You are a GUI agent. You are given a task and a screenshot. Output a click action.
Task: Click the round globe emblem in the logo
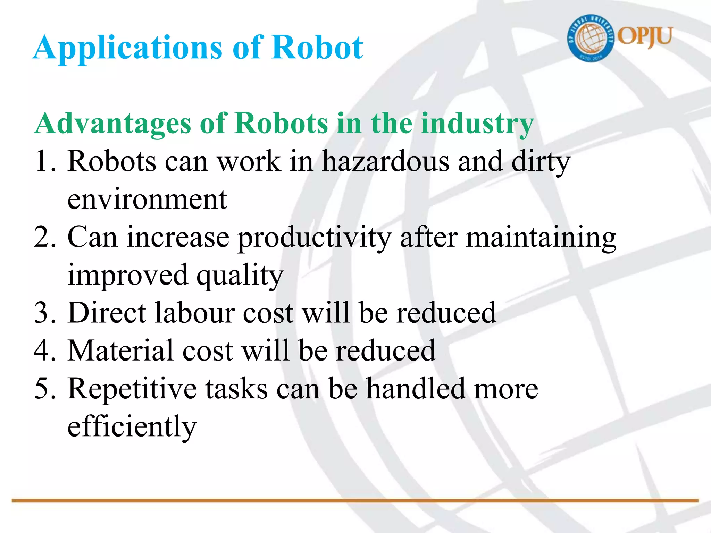point(590,39)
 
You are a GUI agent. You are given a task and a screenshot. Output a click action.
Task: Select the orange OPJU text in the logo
point(645,37)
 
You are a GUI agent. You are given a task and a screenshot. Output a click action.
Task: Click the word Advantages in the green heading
point(113,124)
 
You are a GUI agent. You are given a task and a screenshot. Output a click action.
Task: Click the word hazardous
point(386,161)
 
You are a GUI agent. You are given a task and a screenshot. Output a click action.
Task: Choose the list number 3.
point(45,313)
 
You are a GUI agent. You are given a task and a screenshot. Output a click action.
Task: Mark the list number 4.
point(45,351)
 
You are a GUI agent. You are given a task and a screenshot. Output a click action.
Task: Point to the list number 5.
point(45,389)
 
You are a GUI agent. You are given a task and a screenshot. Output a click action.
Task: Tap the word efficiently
point(132,427)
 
